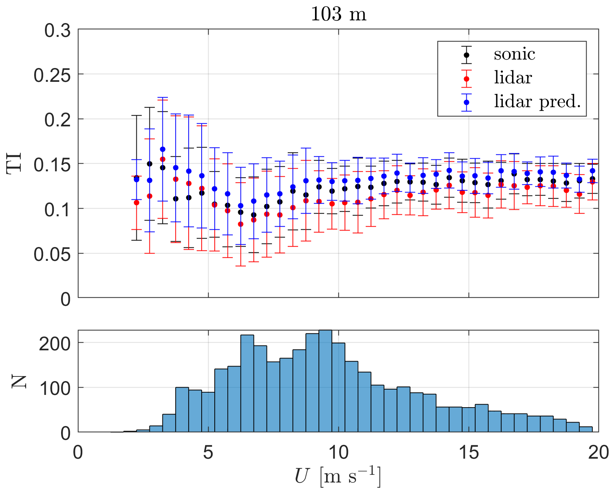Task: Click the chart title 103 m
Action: tap(338, 15)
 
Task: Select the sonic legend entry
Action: tap(514, 54)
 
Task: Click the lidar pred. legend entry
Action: tap(537, 101)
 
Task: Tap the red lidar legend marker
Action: tap(466, 78)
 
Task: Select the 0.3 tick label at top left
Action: tap(58, 31)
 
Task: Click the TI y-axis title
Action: tap(15, 163)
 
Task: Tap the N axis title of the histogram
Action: tap(18, 381)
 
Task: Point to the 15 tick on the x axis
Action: tap(469, 453)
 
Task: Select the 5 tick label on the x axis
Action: tap(208, 453)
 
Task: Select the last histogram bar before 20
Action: tap(586, 429)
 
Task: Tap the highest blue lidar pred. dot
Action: tap(162, 149)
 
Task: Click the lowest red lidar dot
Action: tap(240, 224)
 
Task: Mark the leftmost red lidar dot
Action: tap(136, 202)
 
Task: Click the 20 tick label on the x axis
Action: tap(598, 453)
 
